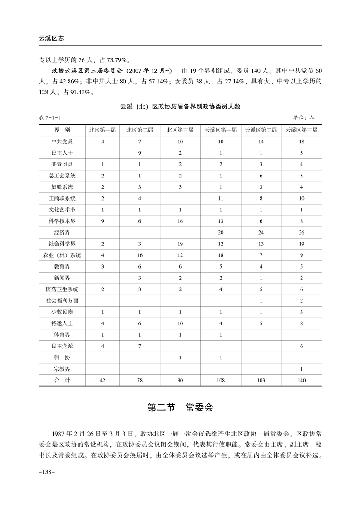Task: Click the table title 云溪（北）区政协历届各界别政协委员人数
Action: tap(180, 107)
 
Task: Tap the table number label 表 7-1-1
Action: tap(50, 117)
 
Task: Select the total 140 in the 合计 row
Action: tap(301, 380)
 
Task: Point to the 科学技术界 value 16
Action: tap(180, 221)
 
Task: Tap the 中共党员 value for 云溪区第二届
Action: tap(261, 142)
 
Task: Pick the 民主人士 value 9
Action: tap(140, 153)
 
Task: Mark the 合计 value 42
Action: tap(102, 380)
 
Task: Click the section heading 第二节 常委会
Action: tap(180, 407)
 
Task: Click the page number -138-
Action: tap(48, 473)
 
